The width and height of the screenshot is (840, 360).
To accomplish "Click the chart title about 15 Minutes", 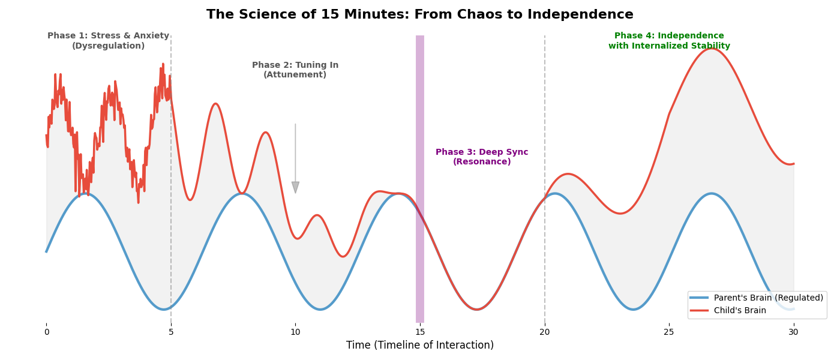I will (x=420, y=14).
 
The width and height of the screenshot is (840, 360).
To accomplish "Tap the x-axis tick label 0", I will (x=46, y=332).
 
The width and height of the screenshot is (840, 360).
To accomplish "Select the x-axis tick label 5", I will (x=171, y=332).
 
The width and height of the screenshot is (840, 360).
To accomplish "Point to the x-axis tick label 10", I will (x=295, y=332).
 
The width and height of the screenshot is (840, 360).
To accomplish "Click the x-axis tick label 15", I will (x=420, y=332).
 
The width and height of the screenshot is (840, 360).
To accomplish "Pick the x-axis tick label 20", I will (x=545, y=332).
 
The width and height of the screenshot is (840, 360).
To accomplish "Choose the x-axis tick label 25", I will (x=669, y=332).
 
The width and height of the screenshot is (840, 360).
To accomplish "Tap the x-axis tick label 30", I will (x=794, y=332).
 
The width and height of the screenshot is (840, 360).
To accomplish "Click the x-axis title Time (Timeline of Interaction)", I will (x=420, y=346).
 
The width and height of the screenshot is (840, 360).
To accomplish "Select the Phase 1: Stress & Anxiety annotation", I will (x=109, y=41).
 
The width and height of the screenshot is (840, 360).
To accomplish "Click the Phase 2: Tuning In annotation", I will (x=295, y=70).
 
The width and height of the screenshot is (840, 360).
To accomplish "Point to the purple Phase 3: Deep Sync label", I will (x=482, y=157).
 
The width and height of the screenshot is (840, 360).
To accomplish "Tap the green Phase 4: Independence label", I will (x=669, y=41).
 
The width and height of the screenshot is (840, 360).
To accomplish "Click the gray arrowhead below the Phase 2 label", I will (x=295, y=187).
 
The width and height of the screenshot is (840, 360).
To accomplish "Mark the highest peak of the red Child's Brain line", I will (x=712, y=48).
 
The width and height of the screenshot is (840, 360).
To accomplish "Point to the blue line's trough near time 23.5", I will (x=633, y=310).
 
